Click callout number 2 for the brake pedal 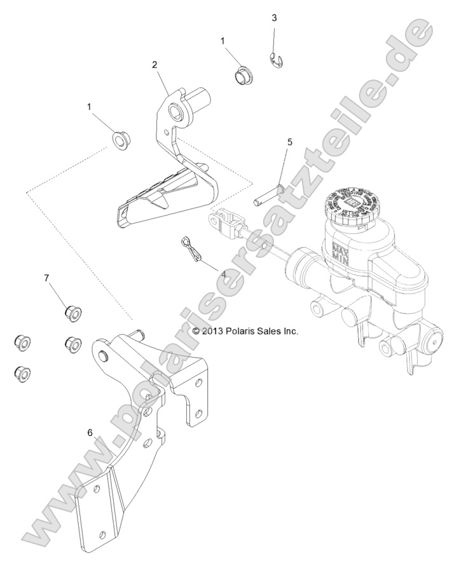tap(154, 64)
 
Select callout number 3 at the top tap(274, 18)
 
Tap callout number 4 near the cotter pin tap(205, 275)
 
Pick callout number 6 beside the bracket tap(90, 432)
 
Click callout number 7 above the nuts tap(46, 278)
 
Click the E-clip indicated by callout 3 tap(275, 62)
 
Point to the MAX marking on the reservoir tap(336, 243)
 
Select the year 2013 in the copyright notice tap(213, 331)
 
